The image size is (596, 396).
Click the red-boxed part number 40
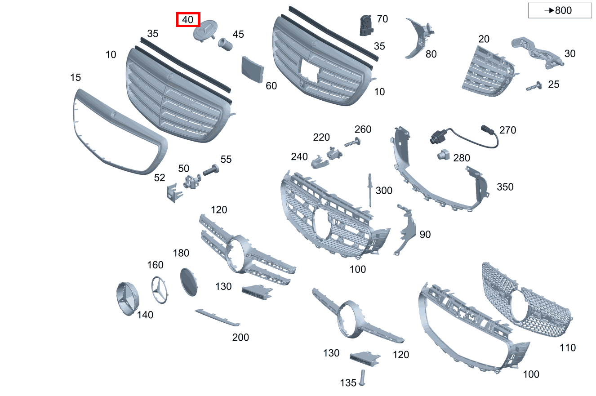click(x=187, y=19)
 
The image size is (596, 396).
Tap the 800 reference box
click(x=560, y=10)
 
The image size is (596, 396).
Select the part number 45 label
click(x=238, y=34)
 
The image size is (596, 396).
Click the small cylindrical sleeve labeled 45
click(x=225, y=44)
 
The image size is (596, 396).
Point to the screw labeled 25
click(x=534, y=86)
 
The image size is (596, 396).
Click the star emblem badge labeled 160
click(x=160, y=290)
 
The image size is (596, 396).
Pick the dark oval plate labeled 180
click(x=189, y=282)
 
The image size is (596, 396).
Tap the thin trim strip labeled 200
click(x=218, y=317)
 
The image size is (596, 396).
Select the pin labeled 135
click(x=362, y=378)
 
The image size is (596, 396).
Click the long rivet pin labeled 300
click(x=370, y=190)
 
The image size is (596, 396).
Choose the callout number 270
click(x=507, y=130)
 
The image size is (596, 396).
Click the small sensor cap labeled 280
click(x=443, y=155)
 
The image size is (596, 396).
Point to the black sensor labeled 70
click(x=366, y=25)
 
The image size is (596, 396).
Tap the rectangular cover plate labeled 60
click(x=253, y=69)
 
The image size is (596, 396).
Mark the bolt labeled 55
click(x=211, y=170)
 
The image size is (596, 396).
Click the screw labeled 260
click(x=352, y=142)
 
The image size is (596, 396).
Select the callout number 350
click(x=505, y=187)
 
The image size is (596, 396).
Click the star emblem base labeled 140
click(x=128, y=299)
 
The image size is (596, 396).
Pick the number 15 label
click(x=76, y=77)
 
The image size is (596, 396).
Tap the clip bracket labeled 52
click(x=174, y=193)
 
